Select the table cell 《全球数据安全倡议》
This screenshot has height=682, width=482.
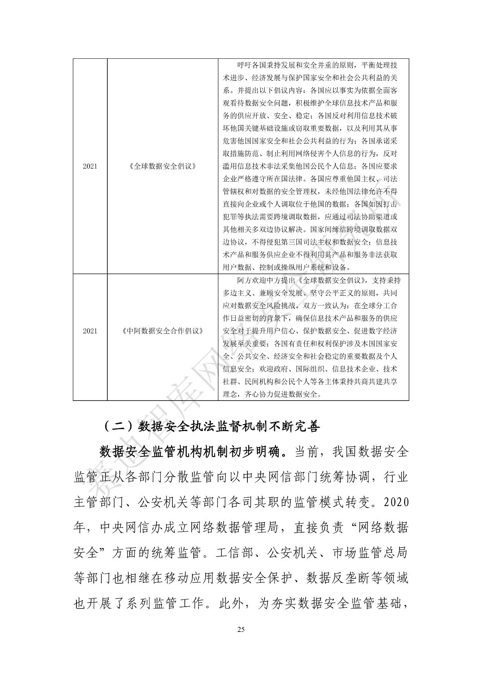click(163, 166)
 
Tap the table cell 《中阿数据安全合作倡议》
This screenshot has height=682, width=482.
click(163, 331)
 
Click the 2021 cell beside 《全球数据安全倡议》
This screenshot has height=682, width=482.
click(90, 166)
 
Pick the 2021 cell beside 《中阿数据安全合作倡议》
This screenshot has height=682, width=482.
click(90, 331)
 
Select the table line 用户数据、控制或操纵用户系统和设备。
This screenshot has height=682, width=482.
click(287, 268)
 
